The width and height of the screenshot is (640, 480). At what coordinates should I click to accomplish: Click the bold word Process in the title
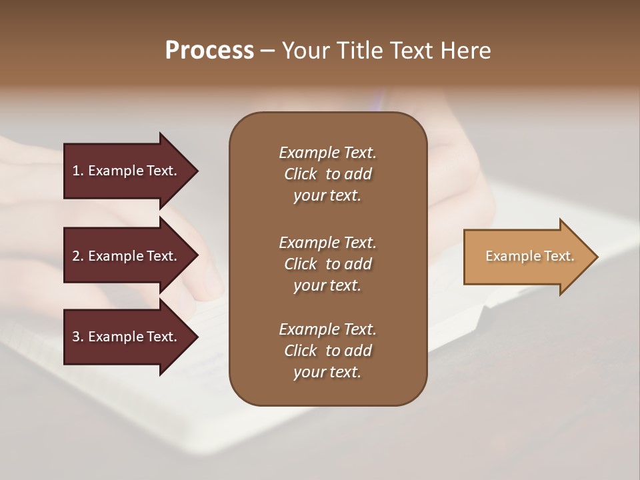[x=209, y=50]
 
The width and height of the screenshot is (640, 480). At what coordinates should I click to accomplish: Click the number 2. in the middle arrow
[x=77, y=256]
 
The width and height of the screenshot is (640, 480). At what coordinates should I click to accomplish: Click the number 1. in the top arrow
[x=77, y=171]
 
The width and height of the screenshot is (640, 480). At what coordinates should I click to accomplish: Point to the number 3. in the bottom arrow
[x=77, y=337]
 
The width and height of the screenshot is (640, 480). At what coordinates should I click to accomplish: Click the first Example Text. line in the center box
[x=327, y=153]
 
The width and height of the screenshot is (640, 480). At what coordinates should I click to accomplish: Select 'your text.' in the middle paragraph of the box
[x=327, y=285]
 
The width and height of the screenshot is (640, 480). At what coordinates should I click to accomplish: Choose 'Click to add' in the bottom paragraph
[x=327, y=351]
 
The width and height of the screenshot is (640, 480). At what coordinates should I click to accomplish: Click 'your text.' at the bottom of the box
[x=327, y=373]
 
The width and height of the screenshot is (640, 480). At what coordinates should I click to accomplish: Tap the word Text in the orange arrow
[x=557, y=256]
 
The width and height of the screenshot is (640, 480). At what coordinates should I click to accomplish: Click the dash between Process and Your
[x=267, y=51]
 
